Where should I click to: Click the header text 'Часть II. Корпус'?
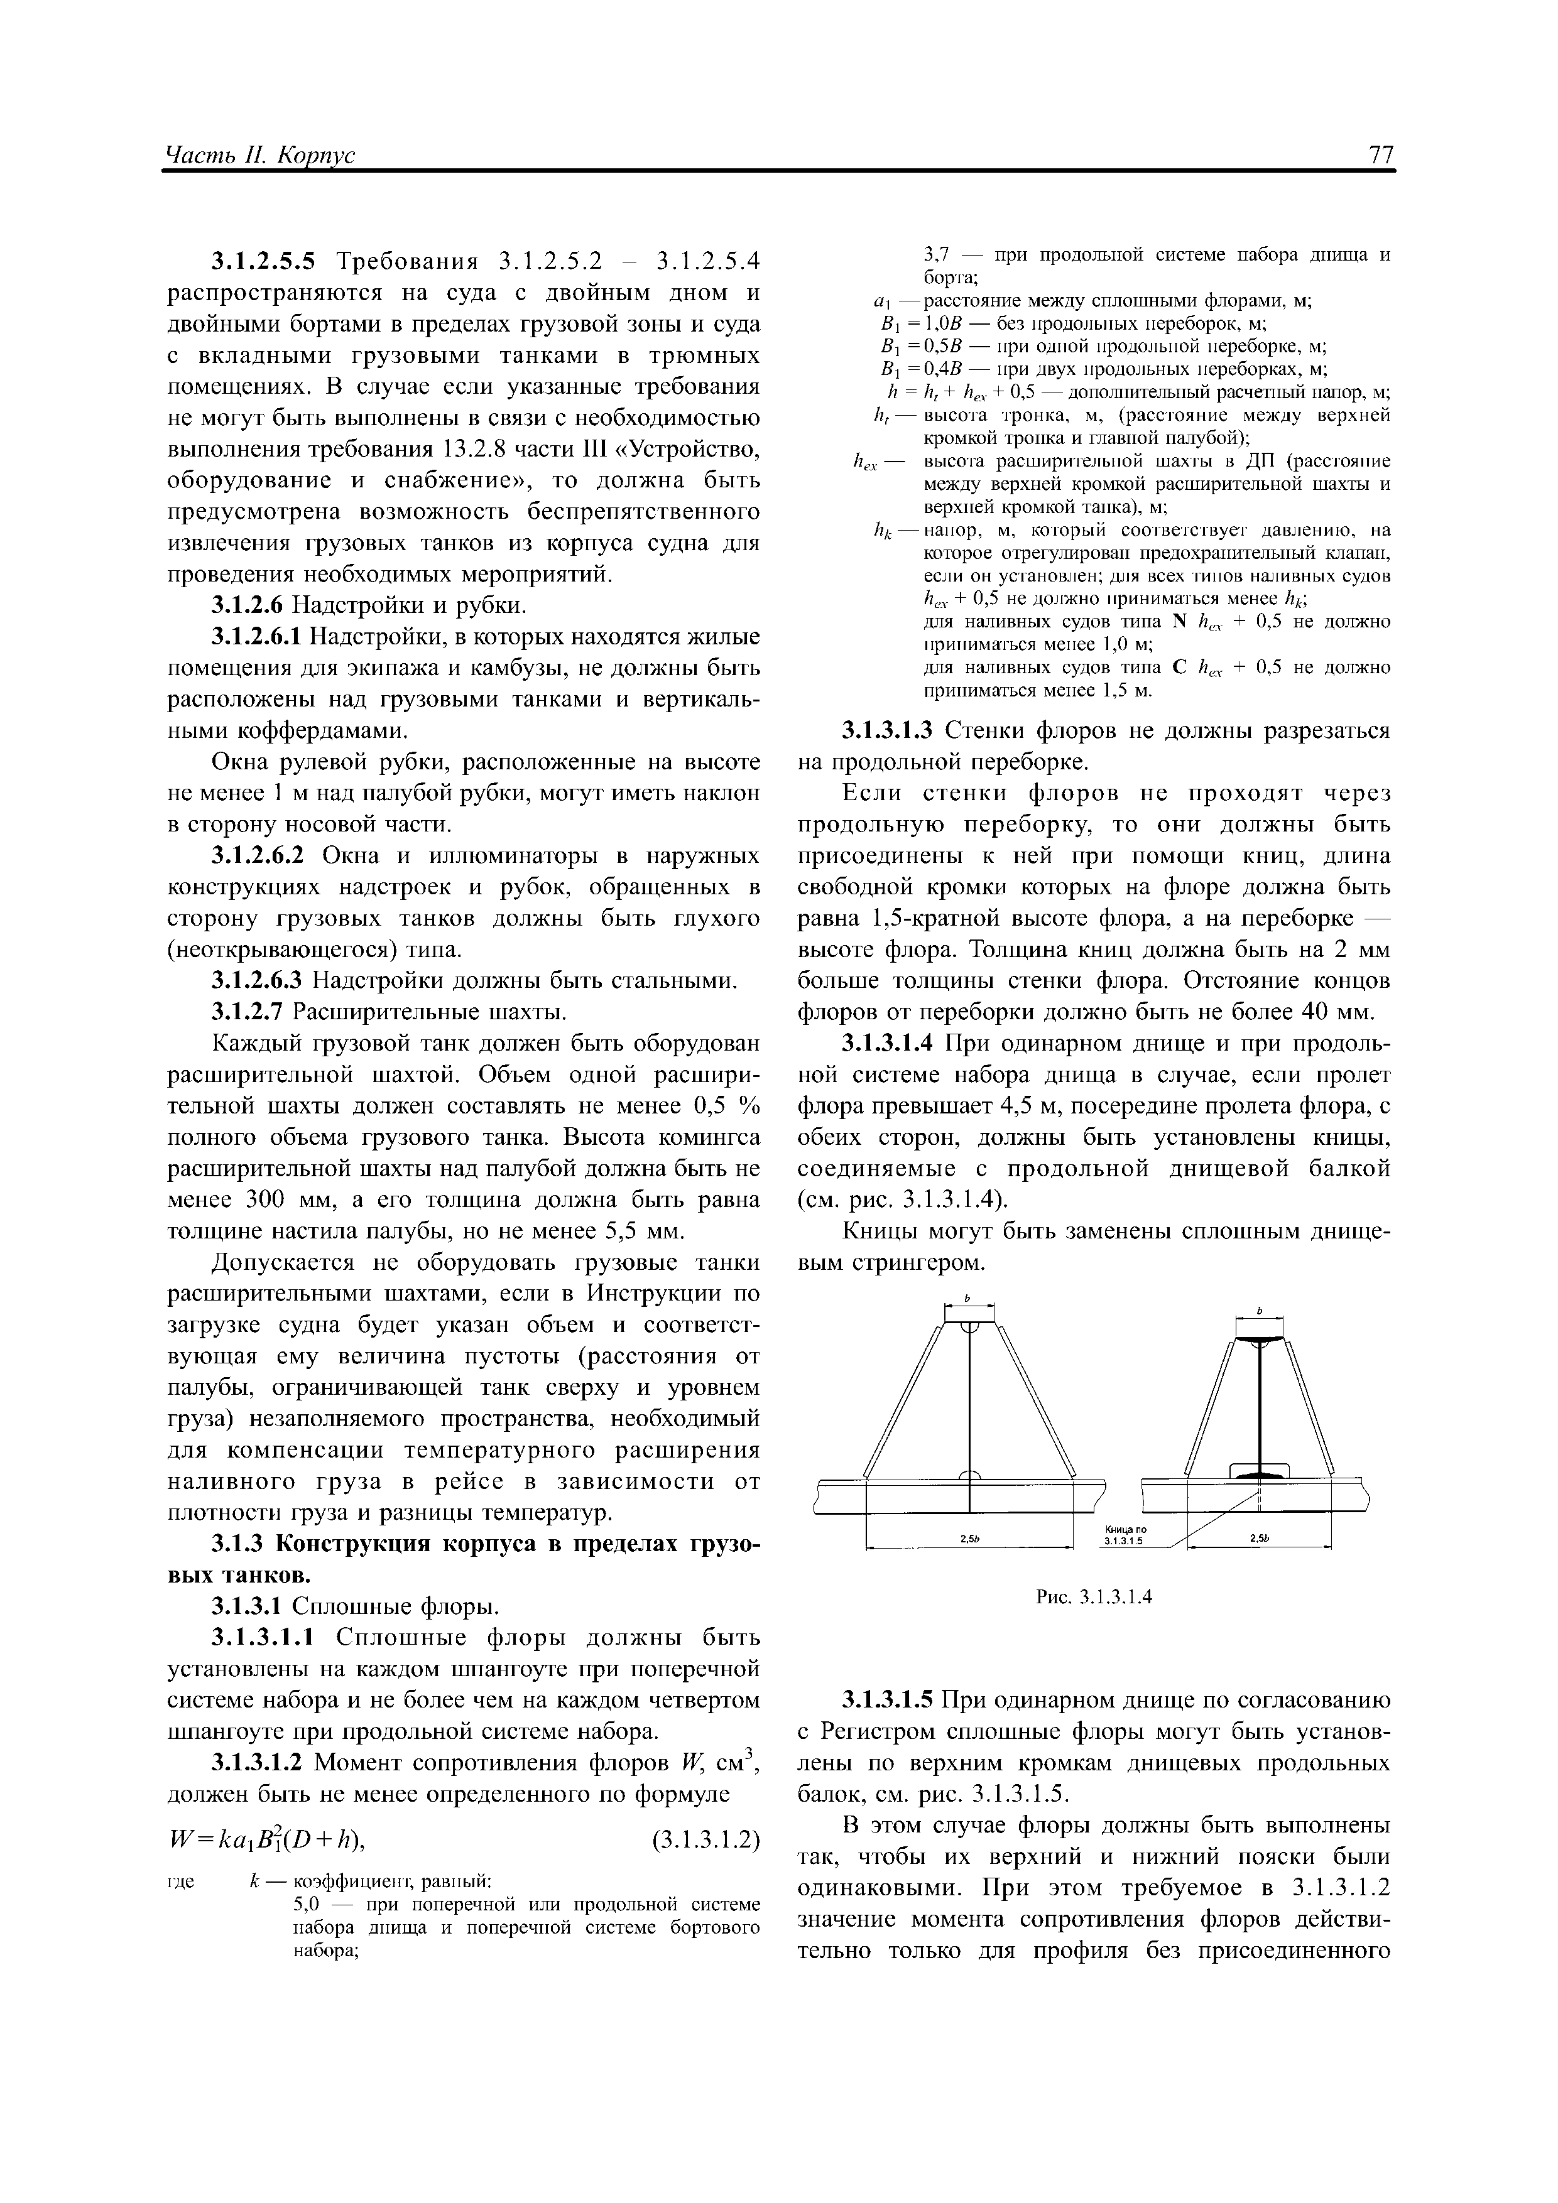pyautogui.click(x=260, y=156)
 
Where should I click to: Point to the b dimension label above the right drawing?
pyautogui.click(x=1260, y=1310)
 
